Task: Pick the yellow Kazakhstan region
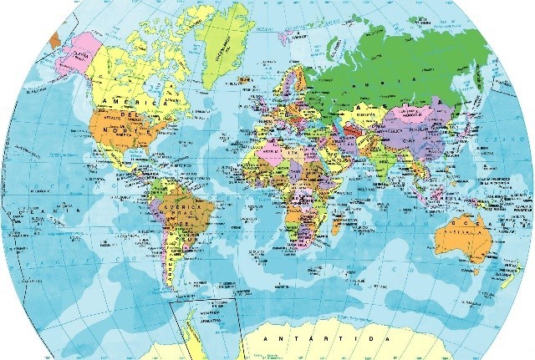[363, 113]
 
